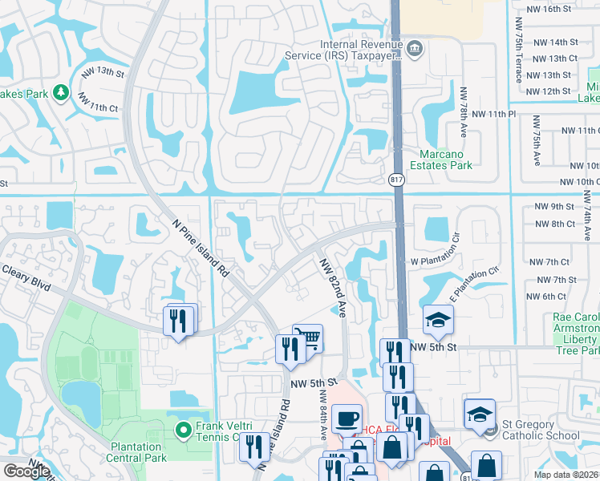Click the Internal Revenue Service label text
(345, 50)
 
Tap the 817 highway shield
(396, 181)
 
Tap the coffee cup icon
(347, 418)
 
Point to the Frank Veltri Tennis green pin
(184, 430)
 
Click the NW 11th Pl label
(494, 115)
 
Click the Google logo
(26, 471)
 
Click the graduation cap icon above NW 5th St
(438, 321)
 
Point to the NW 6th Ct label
(547, 297)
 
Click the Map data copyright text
(566, 475)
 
